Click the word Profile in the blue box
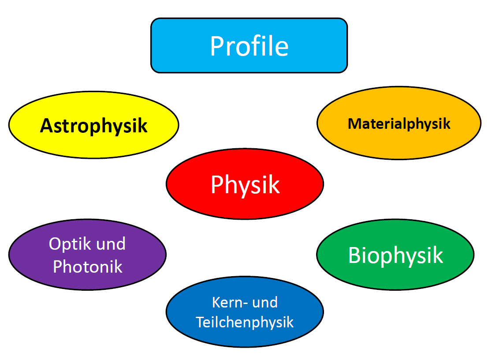point(250,46)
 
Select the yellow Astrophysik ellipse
point(94,125)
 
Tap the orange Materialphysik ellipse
point(399,123)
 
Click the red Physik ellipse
point(245,184)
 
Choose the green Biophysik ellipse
point(395,255)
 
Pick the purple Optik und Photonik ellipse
point(87,255)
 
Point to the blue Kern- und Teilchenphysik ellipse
point(245,311)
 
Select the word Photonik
point(88,266)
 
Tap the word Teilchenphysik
point(245,322)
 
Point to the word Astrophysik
point(94,126)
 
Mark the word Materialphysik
point(399,124)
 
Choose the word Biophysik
point(395,256)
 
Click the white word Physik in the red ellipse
point(245,185)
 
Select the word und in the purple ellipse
point(111,244)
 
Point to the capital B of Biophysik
point(355,255)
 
